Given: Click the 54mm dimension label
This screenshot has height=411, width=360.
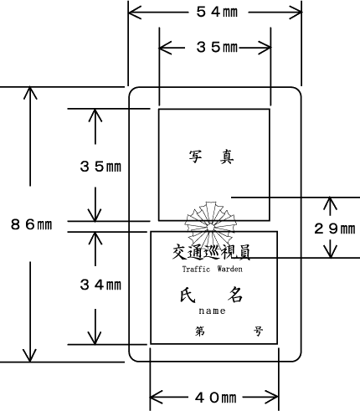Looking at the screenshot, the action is pos(217,12).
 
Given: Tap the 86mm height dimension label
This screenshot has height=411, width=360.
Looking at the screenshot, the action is pos(31,224).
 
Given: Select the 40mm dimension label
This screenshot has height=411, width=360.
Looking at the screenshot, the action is pos(216,398).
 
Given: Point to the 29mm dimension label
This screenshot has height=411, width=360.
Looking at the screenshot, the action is pos(335,229).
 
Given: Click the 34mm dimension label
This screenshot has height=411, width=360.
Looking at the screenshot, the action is pos(100,285).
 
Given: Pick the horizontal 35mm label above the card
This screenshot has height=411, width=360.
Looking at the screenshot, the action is pos(217,47).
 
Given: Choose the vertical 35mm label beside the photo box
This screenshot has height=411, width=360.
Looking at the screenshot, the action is pos(100,167).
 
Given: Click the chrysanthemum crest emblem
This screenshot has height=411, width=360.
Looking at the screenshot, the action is pos(211,227).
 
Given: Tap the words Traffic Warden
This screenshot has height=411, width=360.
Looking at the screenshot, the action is pos(213,269).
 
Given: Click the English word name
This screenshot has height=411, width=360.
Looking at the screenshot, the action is pos(212,311).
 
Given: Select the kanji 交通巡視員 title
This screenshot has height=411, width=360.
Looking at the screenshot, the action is pos(211,252).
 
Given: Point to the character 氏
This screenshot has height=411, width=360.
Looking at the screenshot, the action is pos(188,295).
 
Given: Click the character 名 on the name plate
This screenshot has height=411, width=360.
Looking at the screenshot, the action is pos(235,295).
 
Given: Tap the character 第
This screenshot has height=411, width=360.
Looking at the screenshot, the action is pos(200,331).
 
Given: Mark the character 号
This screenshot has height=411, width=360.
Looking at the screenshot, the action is pos(258,331).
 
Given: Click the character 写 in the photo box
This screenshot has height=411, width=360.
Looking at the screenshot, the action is pos(195,157).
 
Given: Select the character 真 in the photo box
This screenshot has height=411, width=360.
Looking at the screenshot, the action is pos(227,157).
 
